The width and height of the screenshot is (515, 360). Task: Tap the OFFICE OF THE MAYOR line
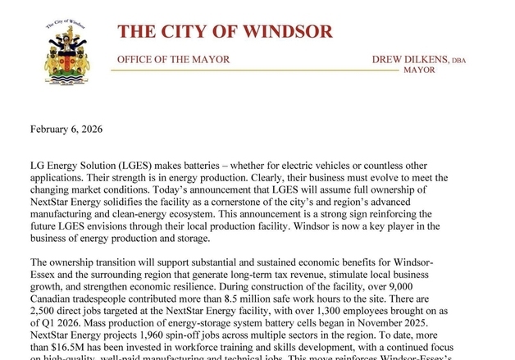(173, 60)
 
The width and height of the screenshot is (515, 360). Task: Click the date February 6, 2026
(66, 129)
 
